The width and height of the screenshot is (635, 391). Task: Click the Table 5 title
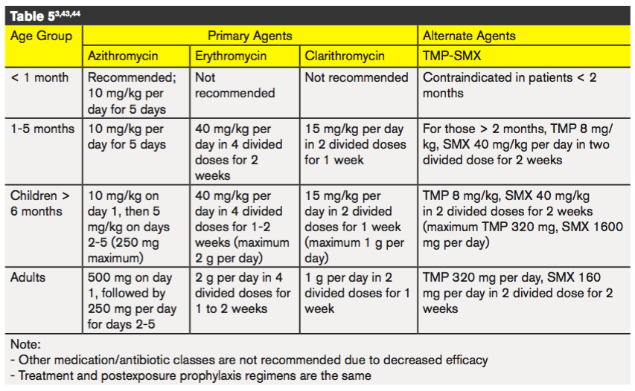[45, 16]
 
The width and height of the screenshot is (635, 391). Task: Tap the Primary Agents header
[250, 36]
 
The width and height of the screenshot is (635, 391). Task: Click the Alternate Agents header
[469, 36]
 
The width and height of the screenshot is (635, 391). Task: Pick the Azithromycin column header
[123, 56]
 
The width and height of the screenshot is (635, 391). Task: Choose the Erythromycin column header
[231, 56]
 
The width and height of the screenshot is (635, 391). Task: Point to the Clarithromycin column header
[345, 56]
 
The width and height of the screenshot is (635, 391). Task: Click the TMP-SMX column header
[452, 56]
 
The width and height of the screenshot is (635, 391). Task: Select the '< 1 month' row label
[39, 77]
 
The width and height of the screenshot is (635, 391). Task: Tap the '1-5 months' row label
[42, 129]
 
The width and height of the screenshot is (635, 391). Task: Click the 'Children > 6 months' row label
[39, 204]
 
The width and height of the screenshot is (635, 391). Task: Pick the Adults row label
[28, 277]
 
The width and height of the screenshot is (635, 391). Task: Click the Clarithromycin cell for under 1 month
[357, 77]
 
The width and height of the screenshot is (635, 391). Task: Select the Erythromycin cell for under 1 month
[235, 85]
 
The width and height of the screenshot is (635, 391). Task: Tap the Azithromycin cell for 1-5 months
[127, 137]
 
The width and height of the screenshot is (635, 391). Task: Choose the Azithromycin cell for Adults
[132, 301]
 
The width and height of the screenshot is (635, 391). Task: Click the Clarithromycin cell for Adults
[357, 293]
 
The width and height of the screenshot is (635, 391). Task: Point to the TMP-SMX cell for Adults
[517, 293]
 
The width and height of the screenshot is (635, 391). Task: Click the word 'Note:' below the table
[25, 344]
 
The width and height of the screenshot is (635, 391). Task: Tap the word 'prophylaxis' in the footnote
[208, 375]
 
